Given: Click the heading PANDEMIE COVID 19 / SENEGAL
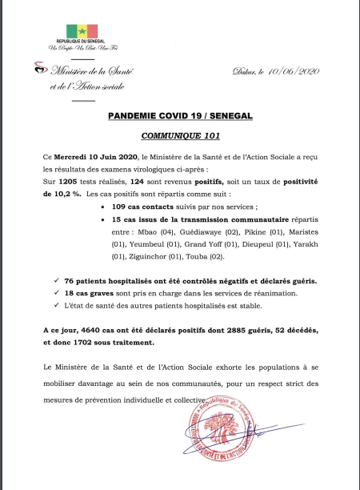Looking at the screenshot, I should tap(180, 117).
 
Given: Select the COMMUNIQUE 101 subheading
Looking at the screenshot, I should tap(180, 137).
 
